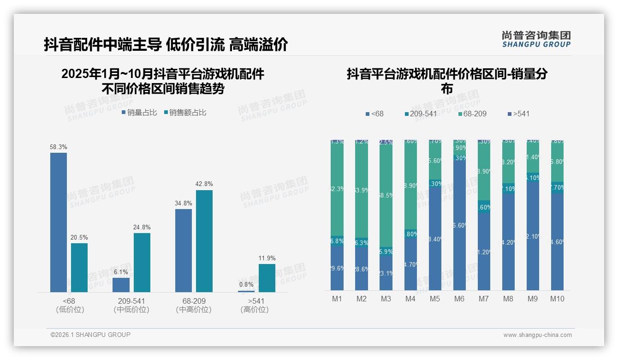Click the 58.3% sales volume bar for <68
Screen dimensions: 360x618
[x=59, y=222]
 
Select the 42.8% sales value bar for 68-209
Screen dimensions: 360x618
[x=204, y=240]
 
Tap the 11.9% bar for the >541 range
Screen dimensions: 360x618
[x=267, y=278]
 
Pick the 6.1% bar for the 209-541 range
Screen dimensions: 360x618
[x=121, y=285]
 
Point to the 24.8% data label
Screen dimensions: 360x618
[x=142, y=227]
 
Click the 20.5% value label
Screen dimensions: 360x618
[x=79, y=237]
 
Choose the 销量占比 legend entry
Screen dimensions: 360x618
[x=139, y=113]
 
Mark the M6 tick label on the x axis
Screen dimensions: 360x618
[x=459, y=299]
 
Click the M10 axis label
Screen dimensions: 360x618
[x=557, y=299]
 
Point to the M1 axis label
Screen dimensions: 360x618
[x=337, y=299]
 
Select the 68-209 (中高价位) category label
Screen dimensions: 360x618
[x=194, y=305]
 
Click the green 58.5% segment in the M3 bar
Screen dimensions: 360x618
[x=386, y=195]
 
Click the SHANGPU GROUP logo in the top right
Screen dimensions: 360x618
[x=536, y=39]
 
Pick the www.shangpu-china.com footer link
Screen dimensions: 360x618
[x=537, y=335]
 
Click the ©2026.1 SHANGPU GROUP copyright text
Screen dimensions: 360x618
[x=90, y=335]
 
